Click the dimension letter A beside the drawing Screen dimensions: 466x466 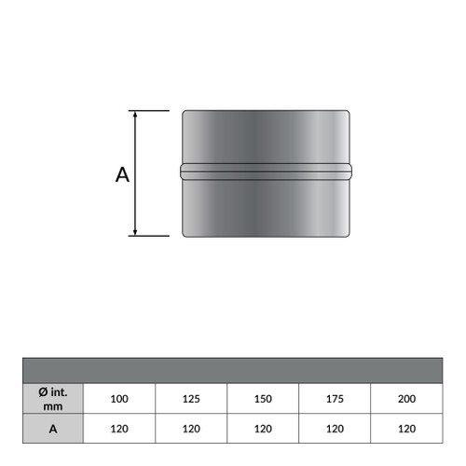click(x=122, y=174)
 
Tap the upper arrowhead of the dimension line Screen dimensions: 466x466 click(x=135, y=114)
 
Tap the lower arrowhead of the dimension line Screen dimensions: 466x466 click(x=135, y=232)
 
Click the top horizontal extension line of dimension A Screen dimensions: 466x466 click(x=149, y=111)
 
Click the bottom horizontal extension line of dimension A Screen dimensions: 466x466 click(x=149, y=236)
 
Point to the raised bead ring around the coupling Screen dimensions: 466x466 click(x=266, y=171)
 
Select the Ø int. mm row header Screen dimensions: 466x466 click(x=53, y=399)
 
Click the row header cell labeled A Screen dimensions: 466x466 click(x=53, y=429)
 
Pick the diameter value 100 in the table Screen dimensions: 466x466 click(x=119, y=399)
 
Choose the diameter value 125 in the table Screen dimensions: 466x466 click(x=191, y=399)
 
